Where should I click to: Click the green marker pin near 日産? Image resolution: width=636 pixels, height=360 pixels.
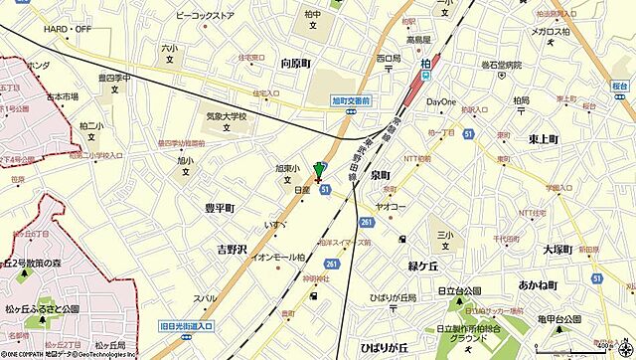tap(319, 170)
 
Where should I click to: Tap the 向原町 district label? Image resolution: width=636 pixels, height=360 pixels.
tap(295, 62)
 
